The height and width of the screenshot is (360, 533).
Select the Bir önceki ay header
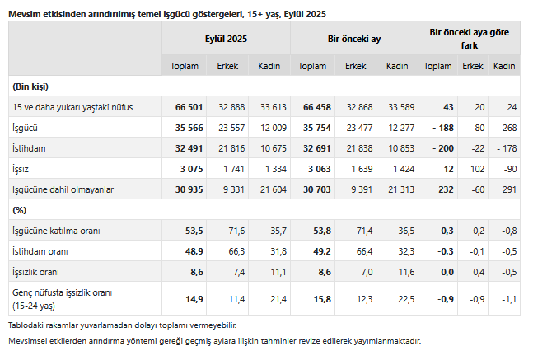click(x=353, y=39)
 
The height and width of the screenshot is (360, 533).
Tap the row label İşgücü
click(x=26, y=129)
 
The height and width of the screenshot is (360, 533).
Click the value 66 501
click(x=189, y=108)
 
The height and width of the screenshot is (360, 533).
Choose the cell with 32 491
click(x=189, y=149)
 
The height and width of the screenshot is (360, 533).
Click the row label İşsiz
click(x=21, y=169)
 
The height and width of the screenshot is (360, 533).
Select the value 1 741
click(x=234, y=169)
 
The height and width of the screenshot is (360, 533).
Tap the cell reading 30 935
click(x=189, y=189)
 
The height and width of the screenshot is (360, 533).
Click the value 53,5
click(x=194, y=231)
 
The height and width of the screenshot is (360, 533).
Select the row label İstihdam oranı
click(x=40, y=250)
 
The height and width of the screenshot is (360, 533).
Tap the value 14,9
click(x=194, y=297)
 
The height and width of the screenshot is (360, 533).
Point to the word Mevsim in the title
click(x=24, y=11)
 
